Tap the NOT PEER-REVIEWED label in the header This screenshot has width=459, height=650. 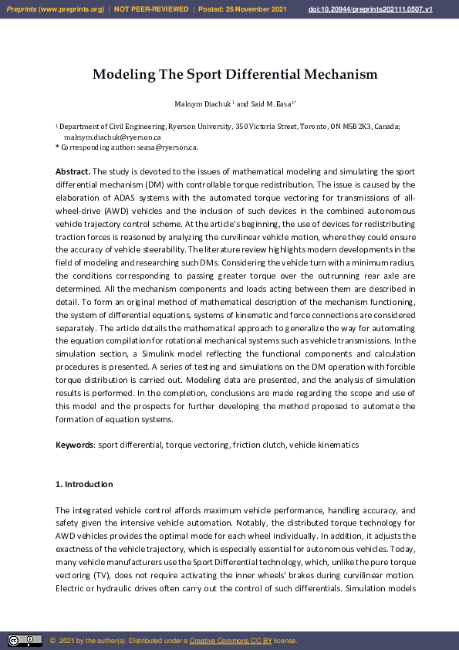[x=151, y=8]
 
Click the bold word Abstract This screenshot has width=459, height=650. [x=73, y=171]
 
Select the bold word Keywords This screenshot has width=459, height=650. [x=74, y=445]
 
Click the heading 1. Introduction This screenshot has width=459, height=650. [x=84, y=484]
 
